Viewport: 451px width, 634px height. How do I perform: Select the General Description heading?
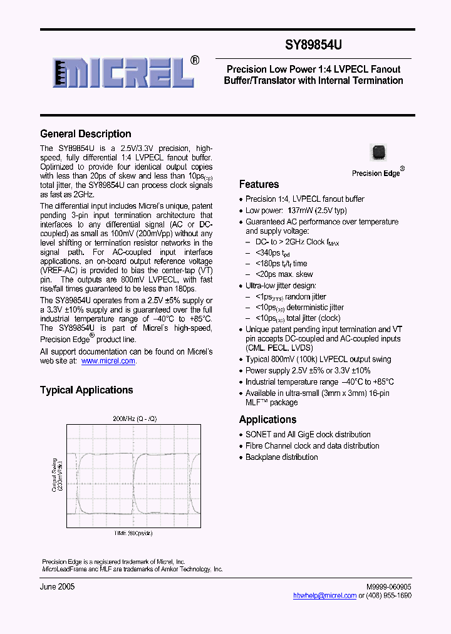(x=86, y=133)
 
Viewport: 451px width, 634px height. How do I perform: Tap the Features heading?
(x=259, y=184)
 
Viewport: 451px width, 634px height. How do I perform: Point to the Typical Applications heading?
(x=86, y=390)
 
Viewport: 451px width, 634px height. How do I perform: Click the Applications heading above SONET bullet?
(x=267, y=419)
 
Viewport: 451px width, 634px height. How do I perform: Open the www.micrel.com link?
(x=108, y=361)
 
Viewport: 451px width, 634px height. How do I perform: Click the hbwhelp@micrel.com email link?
(x=324, y=596)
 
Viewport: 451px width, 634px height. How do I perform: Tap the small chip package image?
(x=378, y=152)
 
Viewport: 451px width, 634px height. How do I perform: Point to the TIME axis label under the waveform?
(x=133, y=533)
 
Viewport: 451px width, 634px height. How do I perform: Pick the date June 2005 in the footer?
(x=58, y=586)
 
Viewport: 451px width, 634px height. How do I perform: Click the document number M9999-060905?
(x=388, y=586)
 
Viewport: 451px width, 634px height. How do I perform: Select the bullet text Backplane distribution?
(x=281, y=457)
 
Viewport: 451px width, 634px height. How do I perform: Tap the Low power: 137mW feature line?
(x=296, y=210)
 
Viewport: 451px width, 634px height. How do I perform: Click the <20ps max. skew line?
(x=284, y=274)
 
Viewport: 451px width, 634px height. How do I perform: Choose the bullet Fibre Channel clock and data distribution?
(x=312, y=445)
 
